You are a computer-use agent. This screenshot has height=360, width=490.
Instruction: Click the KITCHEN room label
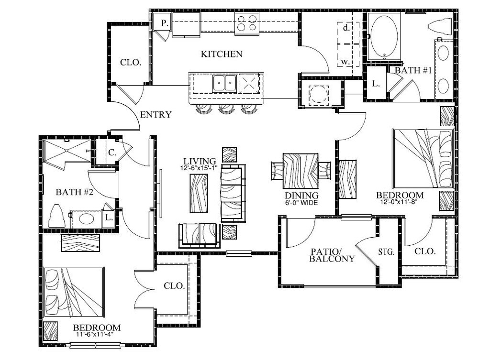tap(222, 55)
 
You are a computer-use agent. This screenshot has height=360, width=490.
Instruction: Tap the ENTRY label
tap(156, 115)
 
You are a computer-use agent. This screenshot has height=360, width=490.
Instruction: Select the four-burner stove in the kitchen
tap(247, 23)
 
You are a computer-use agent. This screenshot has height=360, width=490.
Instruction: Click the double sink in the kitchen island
tap(225, 83)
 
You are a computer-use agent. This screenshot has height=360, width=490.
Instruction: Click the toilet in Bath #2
tap(56, 216)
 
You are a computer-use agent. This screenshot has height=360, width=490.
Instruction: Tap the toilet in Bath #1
tap(441, 27)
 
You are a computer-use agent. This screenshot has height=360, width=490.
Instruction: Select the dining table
tap(301, 171)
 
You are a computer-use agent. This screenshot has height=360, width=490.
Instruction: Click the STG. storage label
tap(386, 251)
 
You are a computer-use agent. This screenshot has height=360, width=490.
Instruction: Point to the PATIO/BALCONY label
tap(332, 255)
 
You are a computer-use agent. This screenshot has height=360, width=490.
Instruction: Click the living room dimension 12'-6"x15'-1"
tap(199, 168)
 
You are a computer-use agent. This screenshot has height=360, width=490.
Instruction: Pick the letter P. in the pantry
tap(165, 23)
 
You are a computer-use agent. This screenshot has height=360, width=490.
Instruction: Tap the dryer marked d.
tap(346, 28)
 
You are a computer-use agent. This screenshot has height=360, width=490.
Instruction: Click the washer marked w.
tap(345, 62)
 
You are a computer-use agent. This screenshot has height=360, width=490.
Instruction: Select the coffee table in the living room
tap(199, 194)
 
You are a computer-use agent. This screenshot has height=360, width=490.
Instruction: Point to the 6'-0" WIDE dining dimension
tap(301, 203)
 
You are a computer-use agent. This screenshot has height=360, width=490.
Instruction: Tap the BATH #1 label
tap(413, 70)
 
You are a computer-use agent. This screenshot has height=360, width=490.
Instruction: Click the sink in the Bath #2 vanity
tap(86, 219)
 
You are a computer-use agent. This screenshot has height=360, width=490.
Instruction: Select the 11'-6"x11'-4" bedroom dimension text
tap(94, 334)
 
